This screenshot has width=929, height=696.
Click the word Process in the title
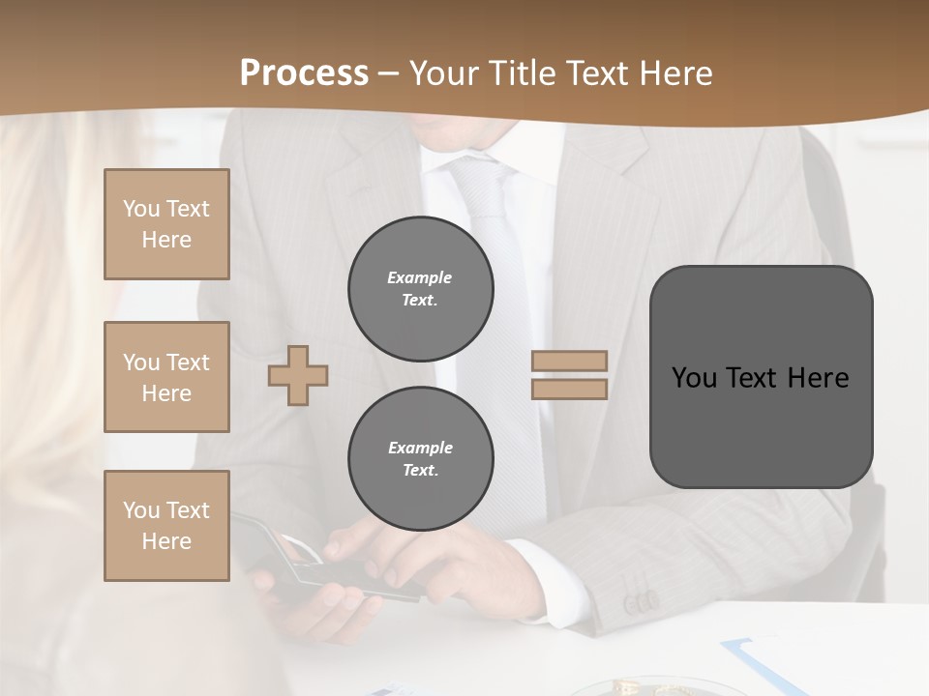304,73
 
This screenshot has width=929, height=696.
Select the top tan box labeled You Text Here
166,224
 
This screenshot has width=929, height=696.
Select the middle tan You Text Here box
166,377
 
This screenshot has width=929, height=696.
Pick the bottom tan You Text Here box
166,526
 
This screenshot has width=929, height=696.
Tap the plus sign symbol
298,375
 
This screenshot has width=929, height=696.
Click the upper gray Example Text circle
420,289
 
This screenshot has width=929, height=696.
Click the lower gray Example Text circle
420,459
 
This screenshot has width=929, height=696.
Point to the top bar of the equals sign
569,362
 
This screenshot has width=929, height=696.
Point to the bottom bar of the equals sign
569,389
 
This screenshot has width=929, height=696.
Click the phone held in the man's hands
319,570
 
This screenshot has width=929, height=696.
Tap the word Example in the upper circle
419,277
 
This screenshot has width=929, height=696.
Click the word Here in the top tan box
166,240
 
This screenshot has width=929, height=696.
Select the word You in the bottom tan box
140,510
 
